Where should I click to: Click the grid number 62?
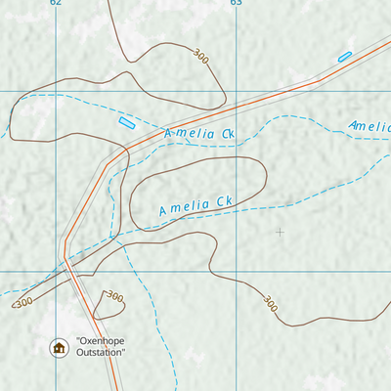[x=55, y=3]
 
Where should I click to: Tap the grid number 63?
[x=236, y=3]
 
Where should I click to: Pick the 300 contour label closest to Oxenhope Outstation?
[x=114, y=296]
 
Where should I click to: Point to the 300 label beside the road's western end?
[x=23, y=301]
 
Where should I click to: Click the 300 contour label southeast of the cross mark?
[x=270, y=305]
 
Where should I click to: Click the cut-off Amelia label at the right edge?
[x=369, y=126]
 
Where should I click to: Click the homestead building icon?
[x=58, y=346]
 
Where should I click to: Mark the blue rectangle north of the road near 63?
[x=344, y=57]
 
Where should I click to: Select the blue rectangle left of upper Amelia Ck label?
[x=126, y=122]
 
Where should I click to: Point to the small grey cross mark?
[x=280, y=232]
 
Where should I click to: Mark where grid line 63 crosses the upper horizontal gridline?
[x=236, y=91]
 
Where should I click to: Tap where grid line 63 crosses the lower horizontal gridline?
[x=236, y=271]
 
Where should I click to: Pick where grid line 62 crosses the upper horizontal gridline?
[x=55, y=91]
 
